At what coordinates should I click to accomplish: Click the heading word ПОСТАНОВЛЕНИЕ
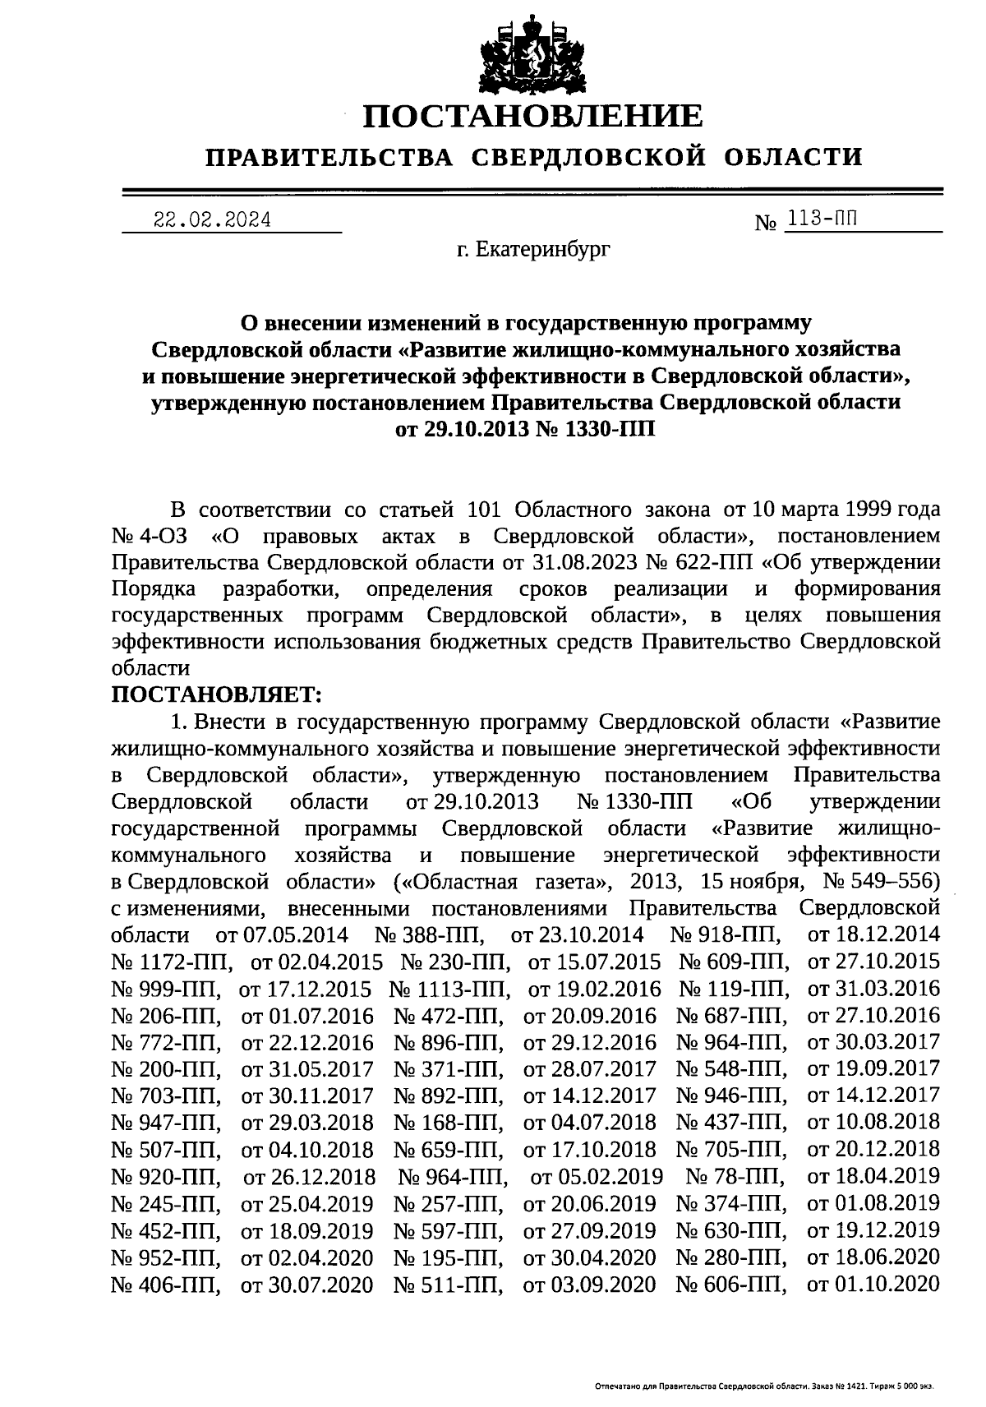pyautogui.click(x=533, y=116)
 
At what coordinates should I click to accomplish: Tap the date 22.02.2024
pyautogui.click(x=213, y=220)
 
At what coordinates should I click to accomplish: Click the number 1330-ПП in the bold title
pyautogui.click(x=608, y=429)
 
